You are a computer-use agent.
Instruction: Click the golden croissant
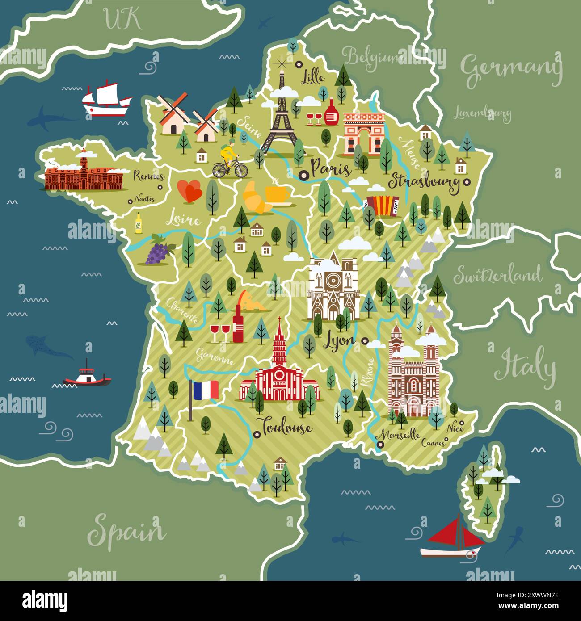[257, 198]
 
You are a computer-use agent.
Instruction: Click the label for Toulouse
[286, 427]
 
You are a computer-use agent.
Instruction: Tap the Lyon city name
[339, 341]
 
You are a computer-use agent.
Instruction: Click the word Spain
[126, 532]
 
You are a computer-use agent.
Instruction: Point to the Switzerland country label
[498, 275]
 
